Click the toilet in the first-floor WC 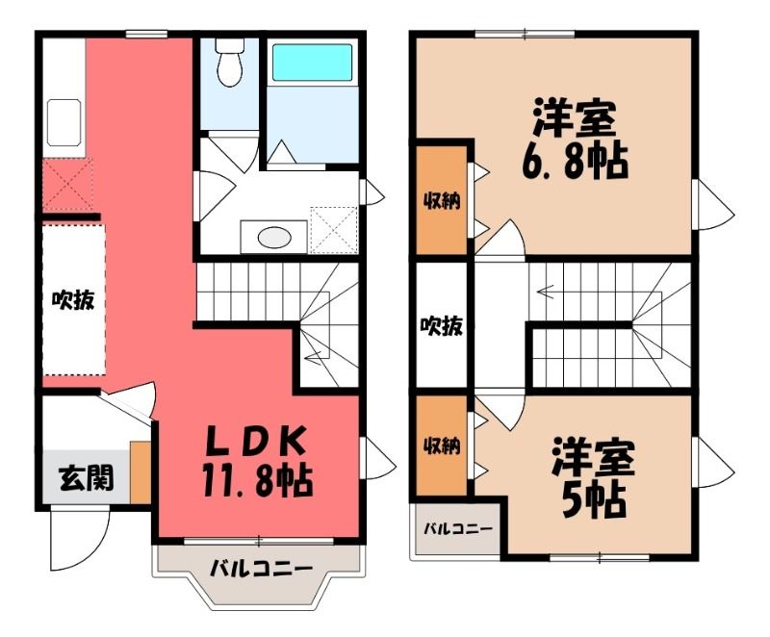[x=230, y=62]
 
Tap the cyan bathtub [x=312, y=63]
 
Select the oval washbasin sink [x=274, y=238]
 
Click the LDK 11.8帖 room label [x=256, y=461]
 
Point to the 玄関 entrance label [x=87, y=477]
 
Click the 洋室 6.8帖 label [x=574, y=139]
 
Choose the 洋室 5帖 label [x=593, y=477]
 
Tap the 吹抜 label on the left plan [x=74, y=299]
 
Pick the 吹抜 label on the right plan [x=442, y=325]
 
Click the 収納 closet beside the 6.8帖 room [x=442, y=201]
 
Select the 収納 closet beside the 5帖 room [x=442, y=446]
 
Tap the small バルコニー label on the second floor [x=458, y=529]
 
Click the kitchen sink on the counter [x=64, y=123]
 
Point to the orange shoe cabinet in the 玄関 [x=141, y=472]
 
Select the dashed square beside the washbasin [x=333, y=230]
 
